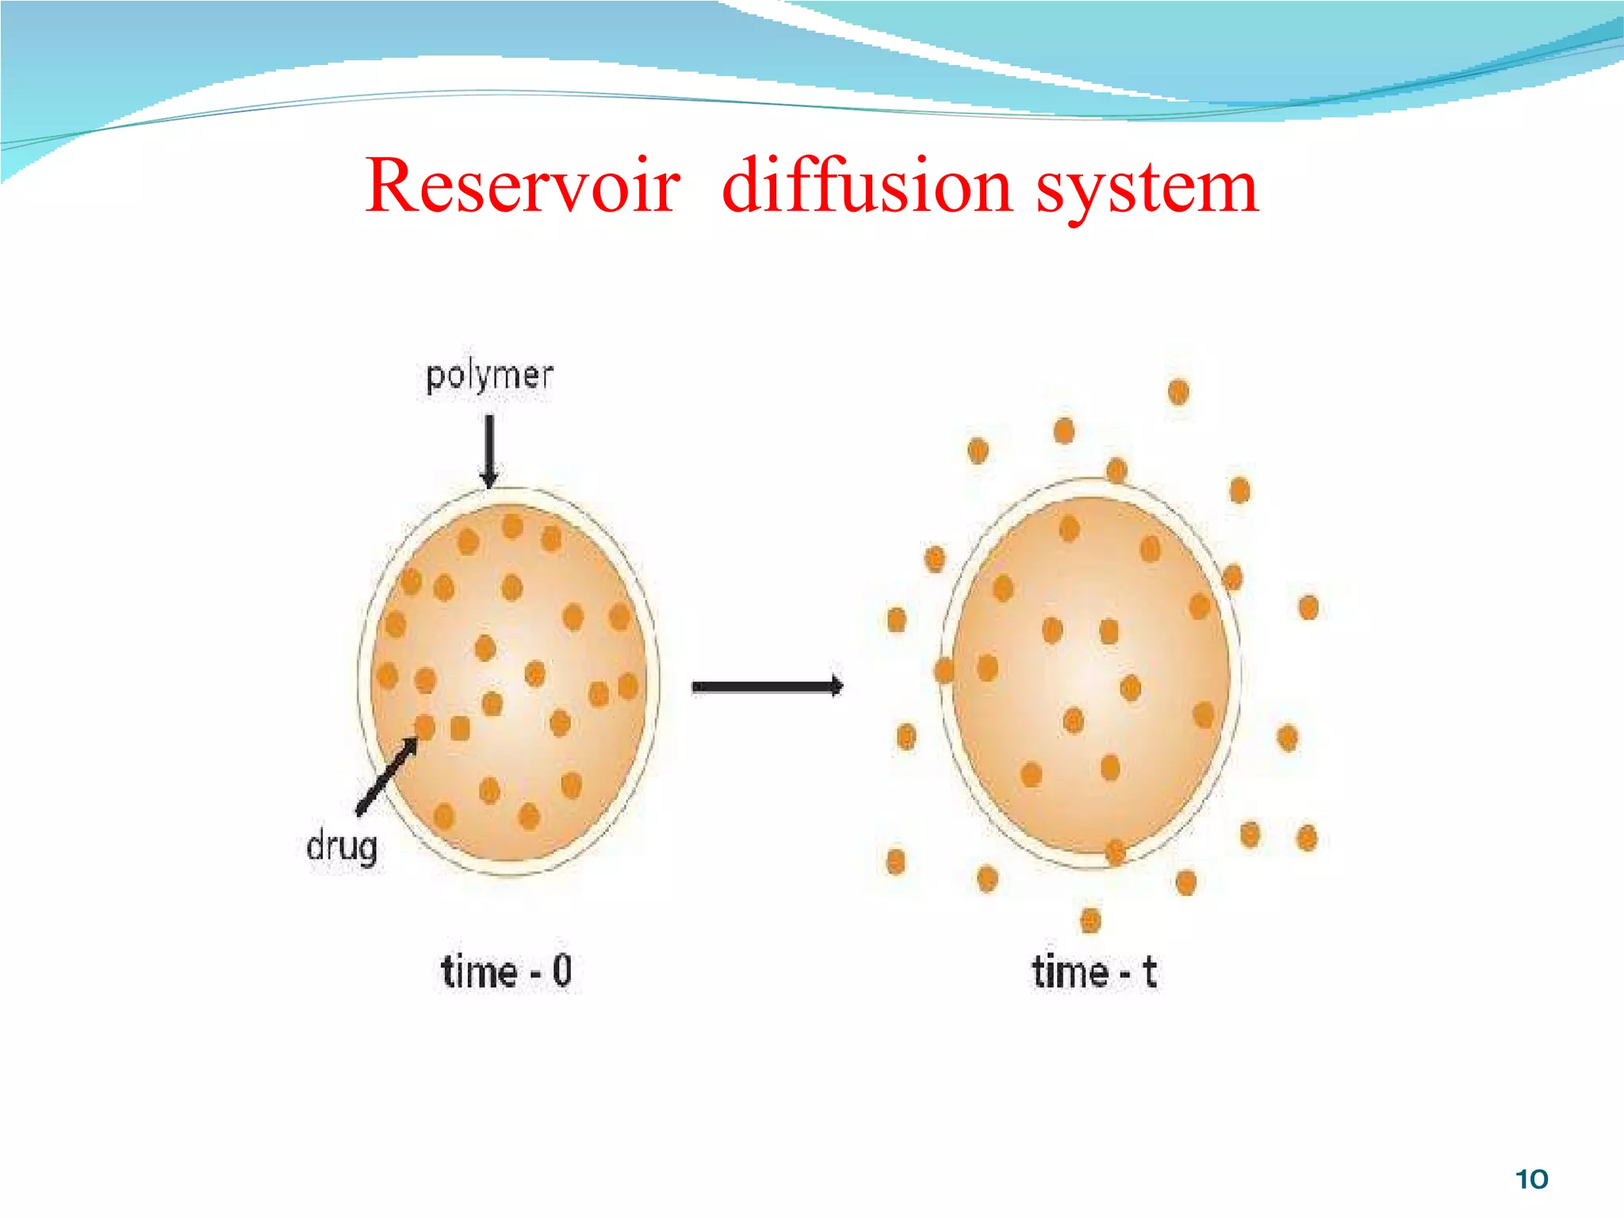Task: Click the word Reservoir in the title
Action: coord(522,186)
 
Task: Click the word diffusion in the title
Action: coord(867,186)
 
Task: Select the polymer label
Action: coord(489,377)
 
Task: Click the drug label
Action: coord(342,847)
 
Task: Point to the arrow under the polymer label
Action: coord(489,450)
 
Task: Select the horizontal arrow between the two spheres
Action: coord(767,687)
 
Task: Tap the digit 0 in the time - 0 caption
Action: coord(561,971)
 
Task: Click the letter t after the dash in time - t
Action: coord(1150,971)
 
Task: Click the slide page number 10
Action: coord(1531,1179)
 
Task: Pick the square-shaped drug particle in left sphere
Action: coord(460,728)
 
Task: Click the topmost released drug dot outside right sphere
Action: coord(1178,392)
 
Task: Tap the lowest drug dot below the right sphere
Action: coord(1091,921)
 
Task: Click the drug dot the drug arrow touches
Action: coord(425,726)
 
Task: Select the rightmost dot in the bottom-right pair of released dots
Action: coord(1307,838)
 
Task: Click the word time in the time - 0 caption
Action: coord(478,971)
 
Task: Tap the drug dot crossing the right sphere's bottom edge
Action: coord(1116,852)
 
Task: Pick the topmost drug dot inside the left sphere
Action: coord(513,526)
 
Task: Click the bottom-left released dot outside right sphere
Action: coord(896,861)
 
